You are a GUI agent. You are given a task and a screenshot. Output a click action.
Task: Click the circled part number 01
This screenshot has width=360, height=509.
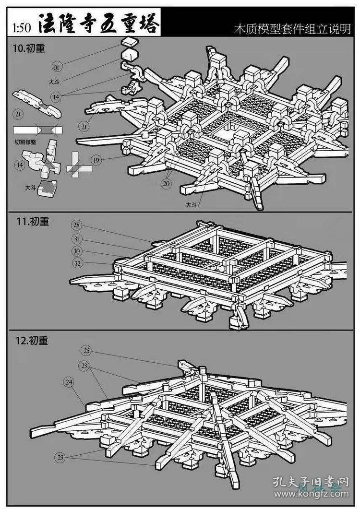[x=57, y=66]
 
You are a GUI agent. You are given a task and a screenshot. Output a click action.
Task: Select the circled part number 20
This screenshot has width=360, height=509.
[x=166, y=183]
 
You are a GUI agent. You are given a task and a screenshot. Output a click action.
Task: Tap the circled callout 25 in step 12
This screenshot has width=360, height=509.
[x=86, y=351]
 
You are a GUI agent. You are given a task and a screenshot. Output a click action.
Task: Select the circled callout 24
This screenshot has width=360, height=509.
[x=69, y=382]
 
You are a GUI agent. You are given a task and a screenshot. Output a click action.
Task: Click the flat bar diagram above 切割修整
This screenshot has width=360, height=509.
[x=37, y=130]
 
